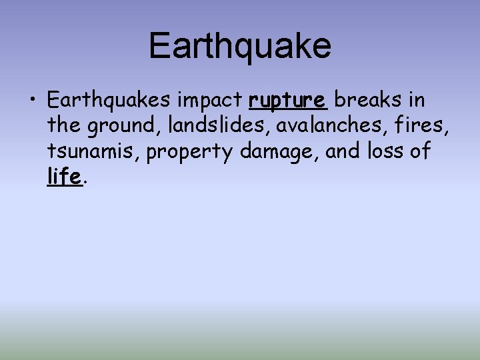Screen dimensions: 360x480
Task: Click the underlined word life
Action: pos(65,177)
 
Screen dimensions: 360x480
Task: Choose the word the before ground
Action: pos(63,126)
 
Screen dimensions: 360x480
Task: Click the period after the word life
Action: pos(86,182)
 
